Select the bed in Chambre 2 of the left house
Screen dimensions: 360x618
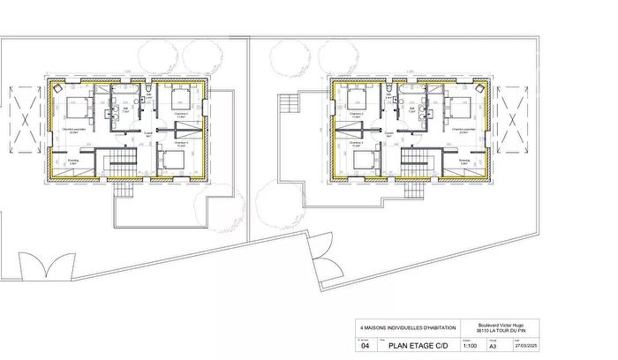pyautogui.click(x=181, y=97)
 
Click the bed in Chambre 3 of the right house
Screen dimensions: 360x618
pyautogui.click(x=363, y=161)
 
